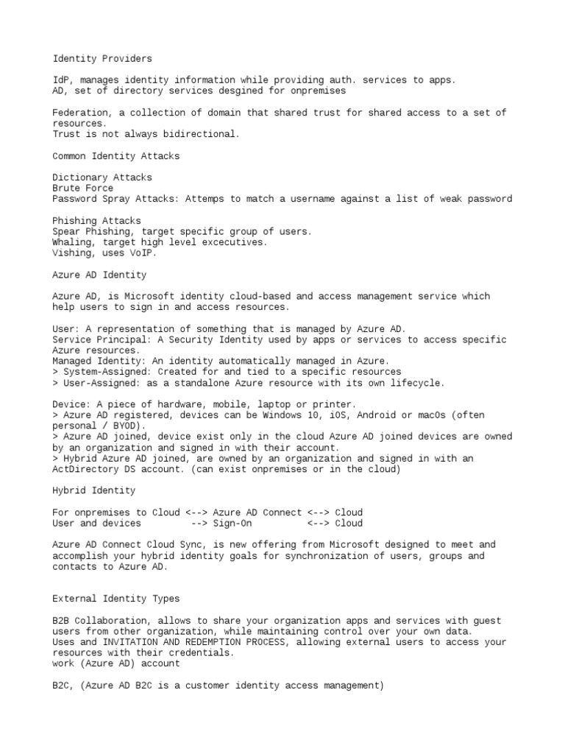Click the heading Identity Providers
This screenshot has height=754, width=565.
point(102,58)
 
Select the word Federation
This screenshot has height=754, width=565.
point(80,113)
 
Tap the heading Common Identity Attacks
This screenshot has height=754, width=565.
point(116,156)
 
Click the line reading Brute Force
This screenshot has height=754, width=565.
point(83,188)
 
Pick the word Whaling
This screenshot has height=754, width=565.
point(72,242)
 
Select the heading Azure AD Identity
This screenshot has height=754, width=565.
point(99,275)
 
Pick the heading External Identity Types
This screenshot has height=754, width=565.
point(116,599)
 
